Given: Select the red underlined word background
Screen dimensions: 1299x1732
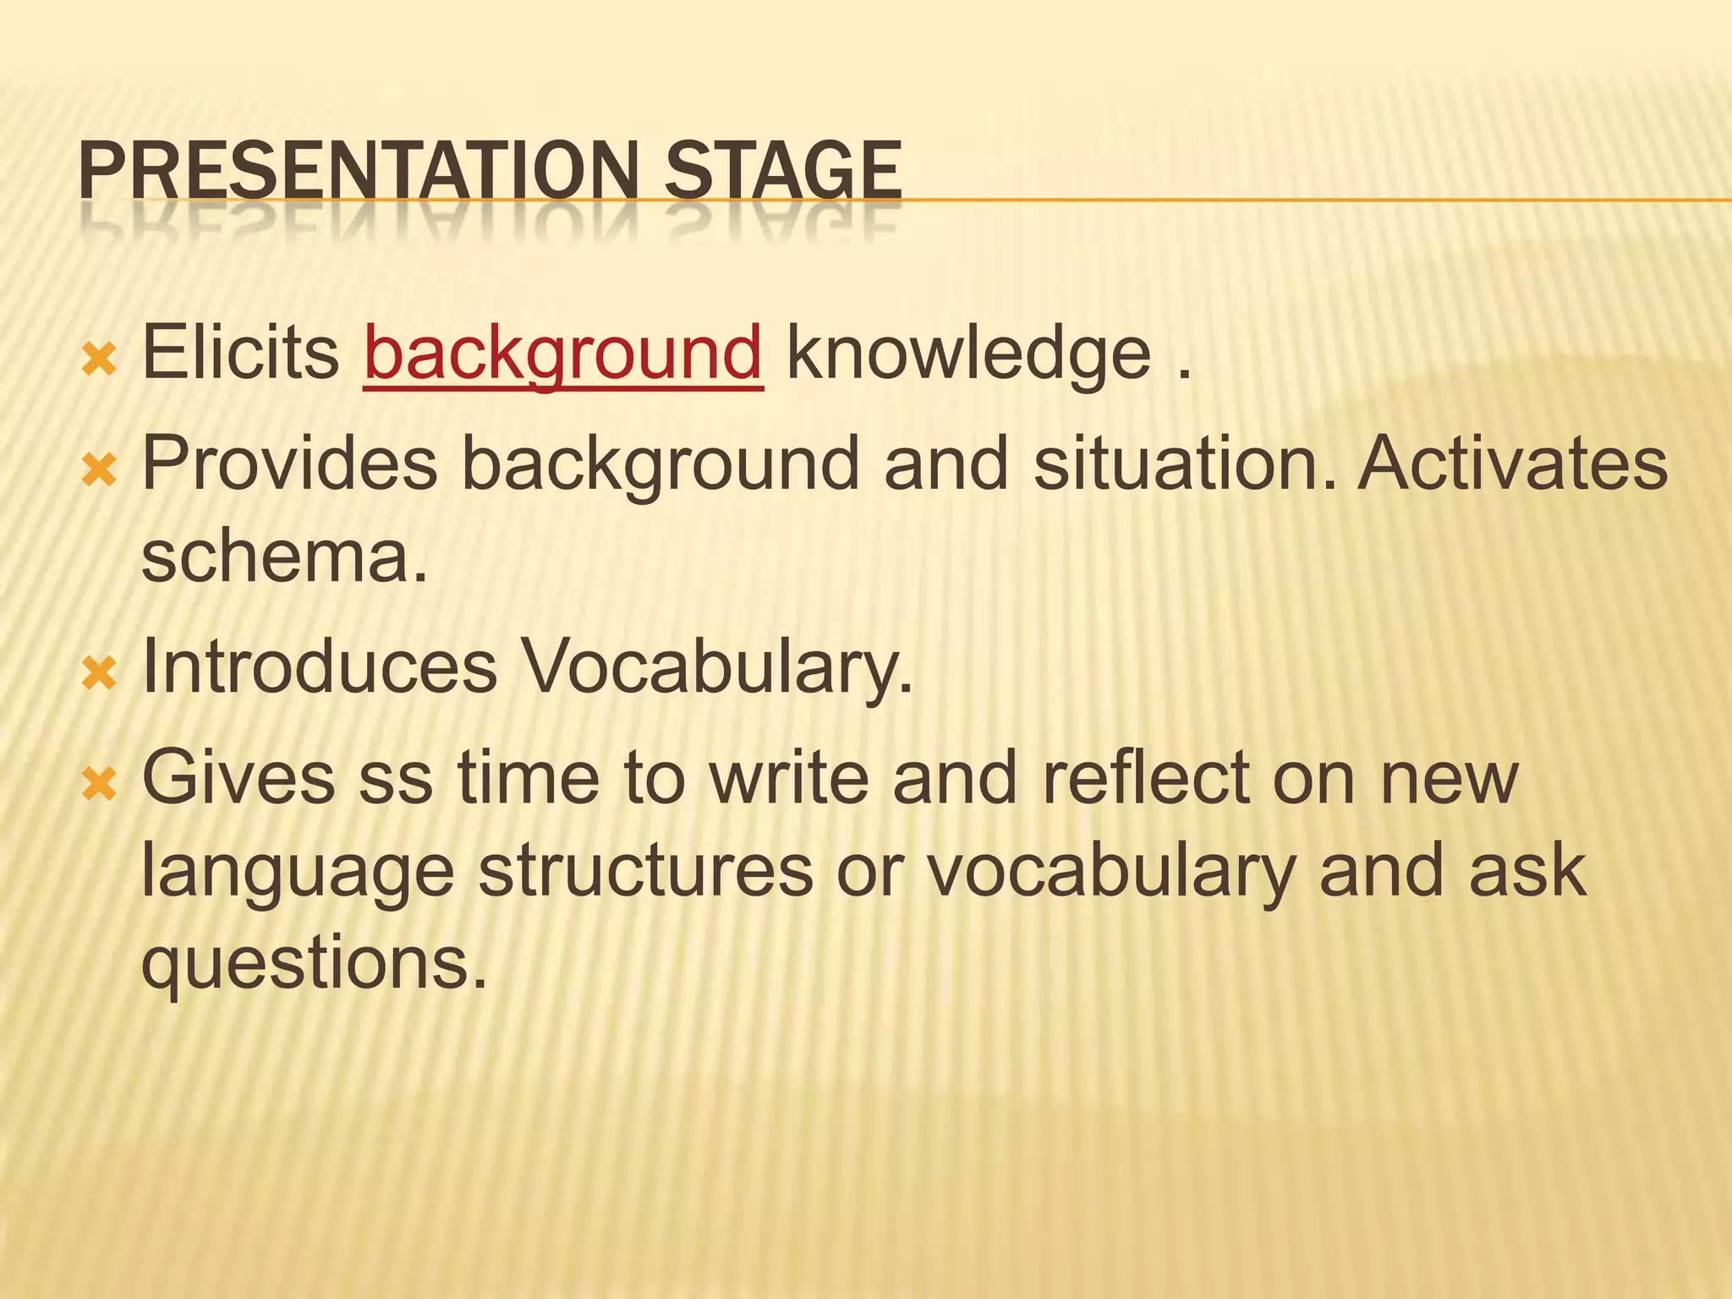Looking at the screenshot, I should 563,354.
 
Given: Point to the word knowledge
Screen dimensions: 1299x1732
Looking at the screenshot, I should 968,354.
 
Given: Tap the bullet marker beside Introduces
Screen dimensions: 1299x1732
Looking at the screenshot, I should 100,674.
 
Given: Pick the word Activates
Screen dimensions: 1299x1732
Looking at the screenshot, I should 1513,463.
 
